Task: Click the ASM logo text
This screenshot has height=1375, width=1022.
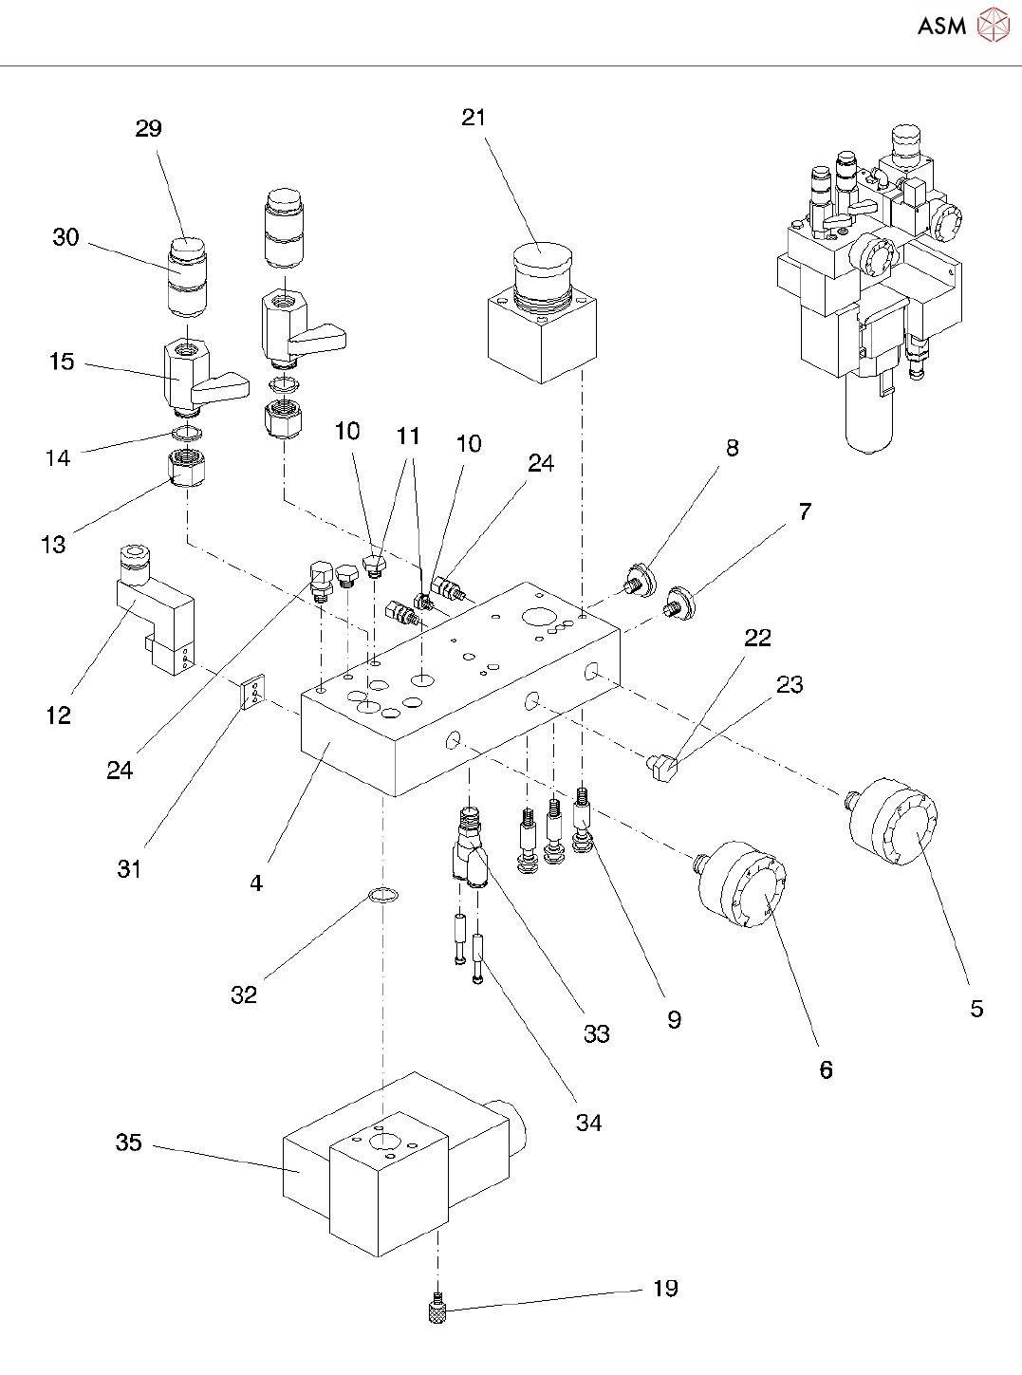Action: pos(941,27)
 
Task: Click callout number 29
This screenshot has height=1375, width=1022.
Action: pos(149,129)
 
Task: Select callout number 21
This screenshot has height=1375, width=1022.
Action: pos(474,118)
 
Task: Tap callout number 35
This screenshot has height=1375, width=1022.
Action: pos(129,1143)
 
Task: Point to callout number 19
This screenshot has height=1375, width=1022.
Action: pos(665,1288)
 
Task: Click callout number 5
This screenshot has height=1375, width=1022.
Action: pos(976,1008)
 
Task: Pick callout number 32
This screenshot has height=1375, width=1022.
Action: pos(244,994)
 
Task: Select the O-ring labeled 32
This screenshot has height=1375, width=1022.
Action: pos(382,895)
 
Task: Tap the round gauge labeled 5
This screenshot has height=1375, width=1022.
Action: pos(897,821)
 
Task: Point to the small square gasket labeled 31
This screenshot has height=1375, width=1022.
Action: pos(252,693)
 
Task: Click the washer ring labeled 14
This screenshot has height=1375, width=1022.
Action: pos(187,434)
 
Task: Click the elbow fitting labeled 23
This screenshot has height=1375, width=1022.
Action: pos(662,765)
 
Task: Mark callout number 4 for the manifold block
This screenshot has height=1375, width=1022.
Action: pos(256,883)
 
